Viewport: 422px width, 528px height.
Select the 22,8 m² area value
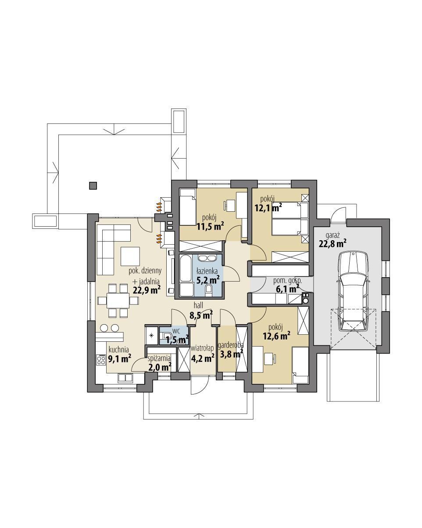click(x=332, y=242)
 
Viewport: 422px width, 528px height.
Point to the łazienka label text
click(x=206, y=271)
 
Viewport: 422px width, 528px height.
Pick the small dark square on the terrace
click(x=93, y=186)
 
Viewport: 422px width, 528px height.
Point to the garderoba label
click(x=230, y=346)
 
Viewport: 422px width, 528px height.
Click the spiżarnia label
click(x=159, y=358)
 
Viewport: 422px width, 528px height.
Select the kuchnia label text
click(x=118, y=350)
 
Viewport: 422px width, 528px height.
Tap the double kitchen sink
click(x=125, y=378)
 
